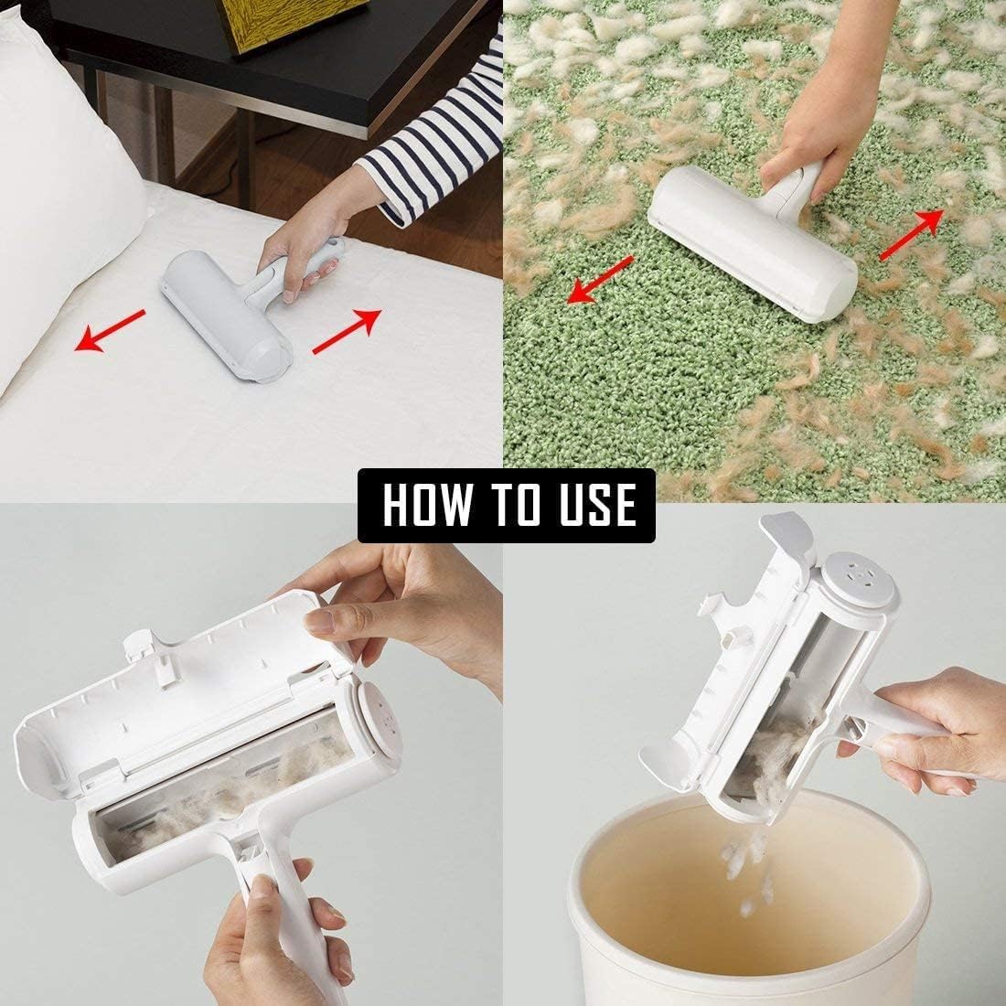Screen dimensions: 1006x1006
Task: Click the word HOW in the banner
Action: (x=423, y=505)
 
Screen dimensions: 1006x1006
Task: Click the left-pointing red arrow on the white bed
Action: (x=110, y=331)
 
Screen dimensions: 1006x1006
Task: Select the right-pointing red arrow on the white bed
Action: (x=346, y=331)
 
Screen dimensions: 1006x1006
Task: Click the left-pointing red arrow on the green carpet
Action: (x=600, y=279)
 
